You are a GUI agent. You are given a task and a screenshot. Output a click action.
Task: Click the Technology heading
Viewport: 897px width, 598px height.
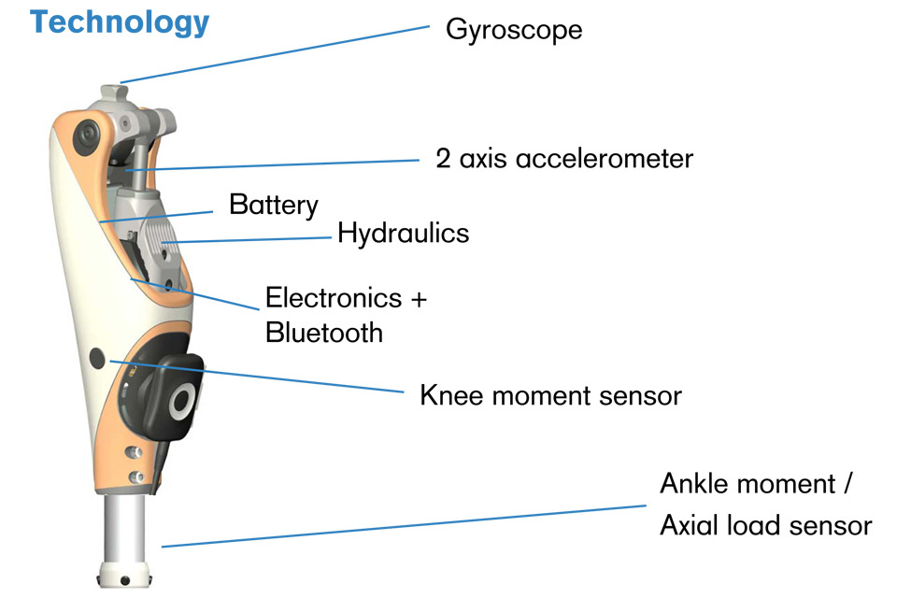coord(120,22)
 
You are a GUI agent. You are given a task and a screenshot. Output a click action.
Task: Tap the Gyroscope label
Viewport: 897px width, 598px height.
coord(514,30)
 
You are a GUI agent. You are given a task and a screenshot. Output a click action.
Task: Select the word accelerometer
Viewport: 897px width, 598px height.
coord(601,158)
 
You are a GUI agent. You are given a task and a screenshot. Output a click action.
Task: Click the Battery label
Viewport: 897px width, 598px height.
coord(273,205)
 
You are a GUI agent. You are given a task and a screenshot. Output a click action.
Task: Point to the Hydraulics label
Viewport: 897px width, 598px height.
coord(403,233)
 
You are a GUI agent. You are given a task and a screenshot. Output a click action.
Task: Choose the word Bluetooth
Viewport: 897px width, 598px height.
coord(324,332)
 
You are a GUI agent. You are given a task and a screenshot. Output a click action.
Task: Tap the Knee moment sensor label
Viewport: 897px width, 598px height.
coord(550,395)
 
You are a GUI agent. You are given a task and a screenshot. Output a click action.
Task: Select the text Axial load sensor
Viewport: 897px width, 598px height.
coord(765,525)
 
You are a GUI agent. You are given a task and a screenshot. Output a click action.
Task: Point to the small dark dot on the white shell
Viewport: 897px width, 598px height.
coord(97,356)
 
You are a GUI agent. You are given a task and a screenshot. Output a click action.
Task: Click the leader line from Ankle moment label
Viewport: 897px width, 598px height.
coord(402,526)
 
